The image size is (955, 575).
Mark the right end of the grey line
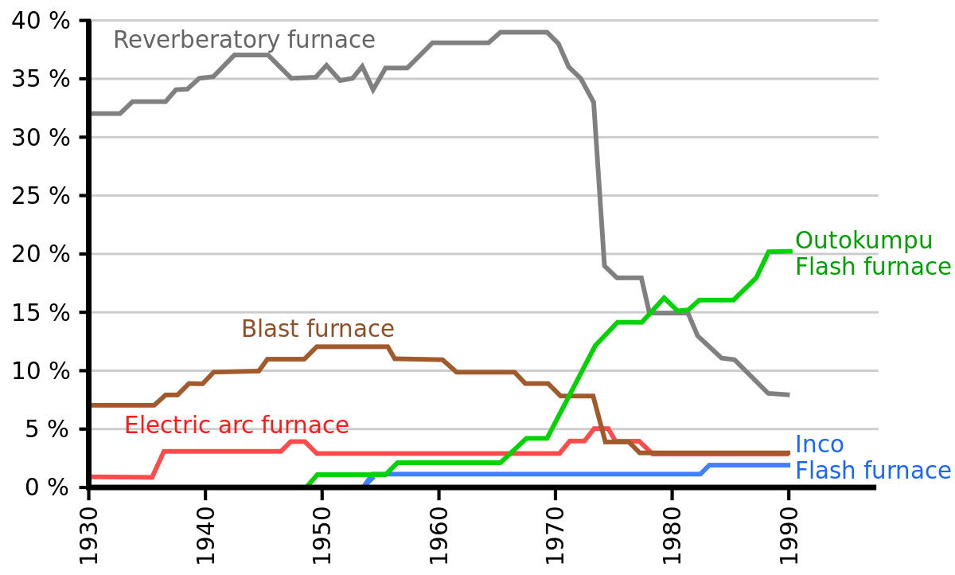tap(788, 394)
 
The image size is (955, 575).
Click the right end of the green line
tap(790, 251)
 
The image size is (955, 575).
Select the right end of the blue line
tap(789, 465)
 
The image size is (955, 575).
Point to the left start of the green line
tap(309, 482)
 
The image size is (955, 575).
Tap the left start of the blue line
tap(365, 482)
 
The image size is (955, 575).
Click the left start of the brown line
tap(94, 405)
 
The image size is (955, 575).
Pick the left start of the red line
tap(94, 476)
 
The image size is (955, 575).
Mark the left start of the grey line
tap(94, 113)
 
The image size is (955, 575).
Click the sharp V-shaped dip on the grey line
tap(373, 88)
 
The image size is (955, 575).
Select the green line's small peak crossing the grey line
tap(664, 299)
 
